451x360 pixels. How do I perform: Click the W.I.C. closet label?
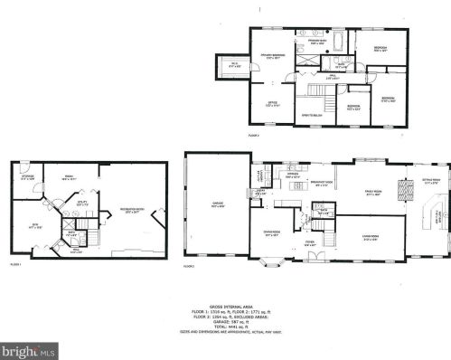click(x=235, y=65)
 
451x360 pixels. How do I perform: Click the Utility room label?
click(x=82, y=203)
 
